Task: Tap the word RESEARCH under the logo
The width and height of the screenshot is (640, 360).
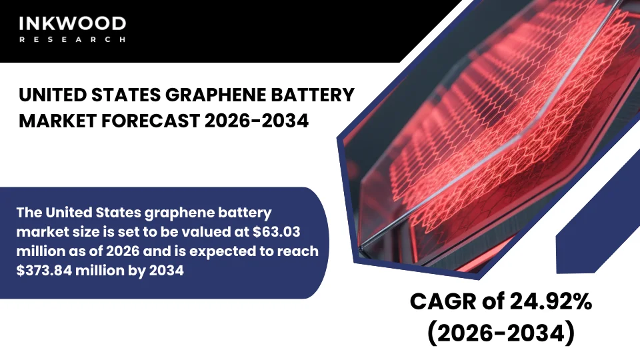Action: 71,40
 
